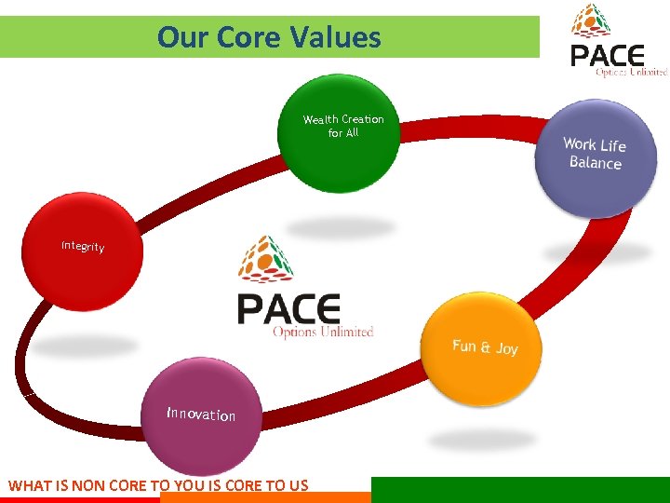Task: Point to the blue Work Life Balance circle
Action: (x=596, y=156)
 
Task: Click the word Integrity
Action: (x=83, y=247)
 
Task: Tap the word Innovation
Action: (x=201, y=414)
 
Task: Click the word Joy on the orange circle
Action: (x=506, y=348)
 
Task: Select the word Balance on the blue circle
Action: (x=595, y=163)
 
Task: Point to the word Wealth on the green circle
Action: (x=320, y=119)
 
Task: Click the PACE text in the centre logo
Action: (x=288, y=308)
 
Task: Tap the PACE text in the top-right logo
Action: (x=609, y=55)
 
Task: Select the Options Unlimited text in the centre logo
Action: (x=322, y=332)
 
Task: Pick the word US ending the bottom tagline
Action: (x=297, y=485)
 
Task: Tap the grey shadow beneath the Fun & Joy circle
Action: (x=482, y=438)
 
